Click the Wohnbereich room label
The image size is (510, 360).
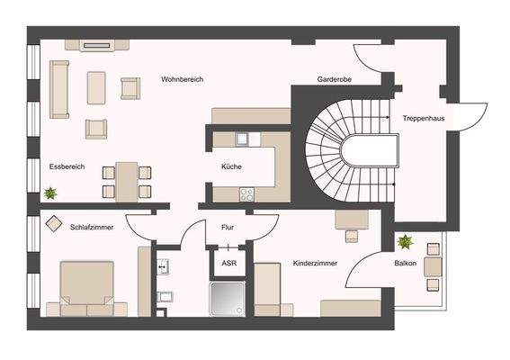183,80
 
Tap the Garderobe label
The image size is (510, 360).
334,80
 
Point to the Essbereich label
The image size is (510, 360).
67,167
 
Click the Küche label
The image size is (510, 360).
232,167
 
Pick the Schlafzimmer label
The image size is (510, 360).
92,227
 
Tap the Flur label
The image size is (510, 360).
228,227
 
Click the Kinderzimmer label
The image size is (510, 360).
314,265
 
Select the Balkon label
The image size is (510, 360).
405,265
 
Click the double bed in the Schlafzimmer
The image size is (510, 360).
86,288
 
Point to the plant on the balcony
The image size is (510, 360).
406,241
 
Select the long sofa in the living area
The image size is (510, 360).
59,89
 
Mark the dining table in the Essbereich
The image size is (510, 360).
126,180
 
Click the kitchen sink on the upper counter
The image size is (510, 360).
242,139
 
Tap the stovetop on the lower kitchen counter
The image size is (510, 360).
247,193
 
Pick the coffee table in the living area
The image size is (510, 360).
96,88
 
